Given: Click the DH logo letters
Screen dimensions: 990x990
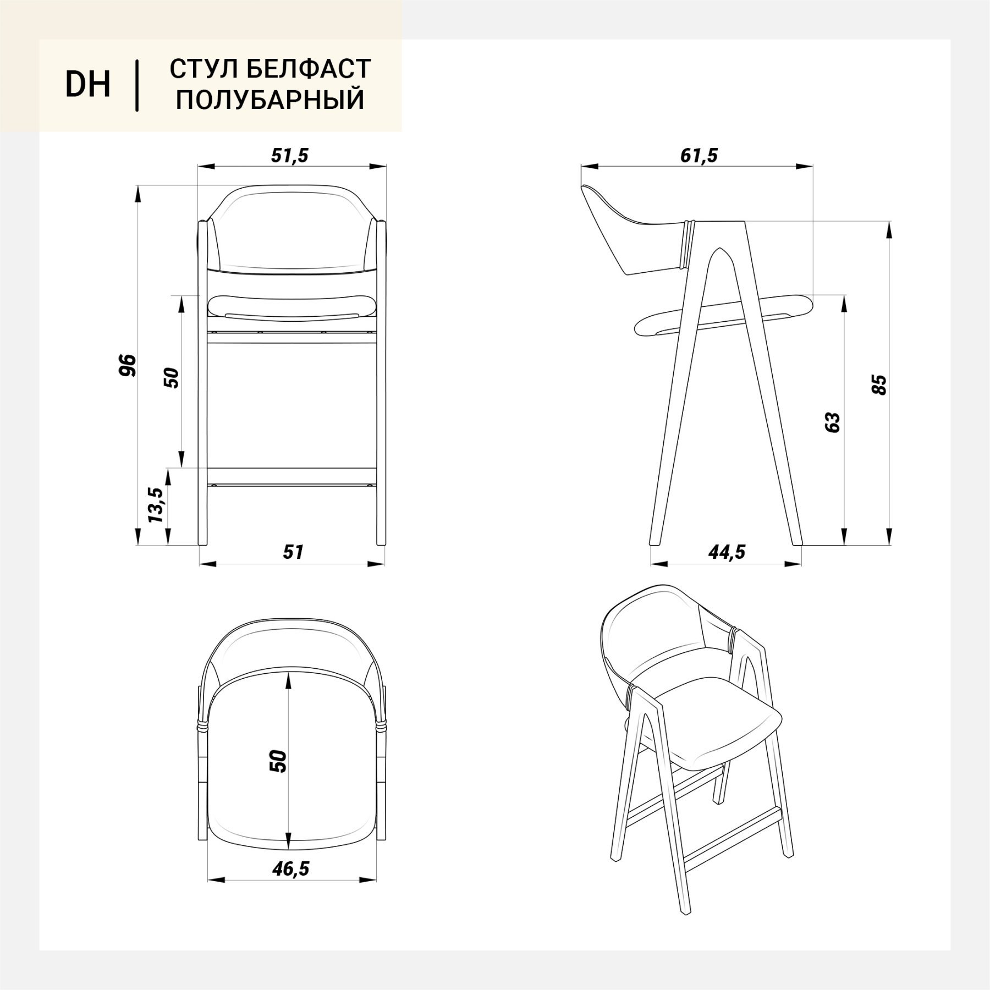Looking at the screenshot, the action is click(x=88, y=85).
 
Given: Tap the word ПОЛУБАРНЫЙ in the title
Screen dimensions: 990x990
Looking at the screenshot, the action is click(x=270, y=100).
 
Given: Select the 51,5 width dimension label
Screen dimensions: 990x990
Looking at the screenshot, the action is click(x=290, y=156).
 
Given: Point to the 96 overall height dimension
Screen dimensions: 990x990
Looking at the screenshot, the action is click(x=127, y=365).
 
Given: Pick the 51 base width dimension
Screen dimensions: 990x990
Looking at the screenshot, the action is click(x=293, y=552).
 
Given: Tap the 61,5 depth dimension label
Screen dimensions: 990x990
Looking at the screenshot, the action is click(x=698, y=156).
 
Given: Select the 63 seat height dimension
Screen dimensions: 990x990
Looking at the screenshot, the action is click(x=833, y=422).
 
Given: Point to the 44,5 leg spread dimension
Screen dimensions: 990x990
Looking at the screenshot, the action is click(x=727, y=552).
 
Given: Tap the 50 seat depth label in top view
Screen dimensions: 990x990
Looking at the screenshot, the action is click(x=279, y=761).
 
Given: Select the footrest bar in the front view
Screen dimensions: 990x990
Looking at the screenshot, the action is click(x=291, y=475).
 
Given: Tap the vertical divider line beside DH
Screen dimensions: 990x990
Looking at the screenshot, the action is click(x=136, y=85).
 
